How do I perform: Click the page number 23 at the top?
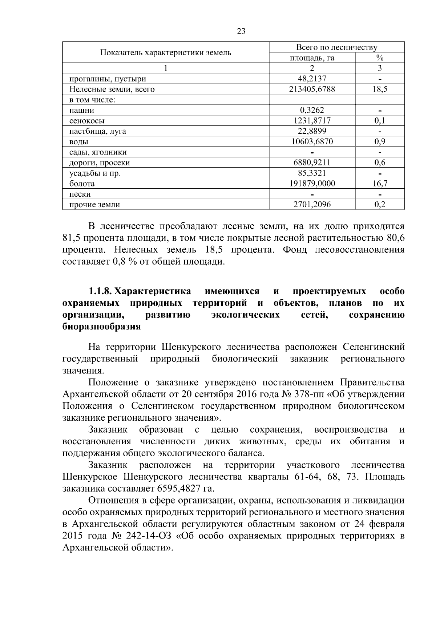tap(241, 31)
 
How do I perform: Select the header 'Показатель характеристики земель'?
tap(166, 52)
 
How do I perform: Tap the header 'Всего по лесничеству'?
tap(336, 47)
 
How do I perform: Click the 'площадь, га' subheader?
tap(312, 58)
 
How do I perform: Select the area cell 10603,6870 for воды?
tap(312, 142)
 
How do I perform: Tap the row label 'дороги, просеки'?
tap(100, 163)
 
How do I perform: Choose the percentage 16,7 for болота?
tap(380, 184)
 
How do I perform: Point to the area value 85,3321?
tap(312, 173)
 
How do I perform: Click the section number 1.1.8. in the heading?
tap(100, 292)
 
